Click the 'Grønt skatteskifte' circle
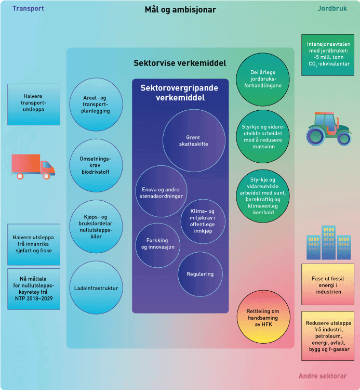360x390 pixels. click(x=194, y=140)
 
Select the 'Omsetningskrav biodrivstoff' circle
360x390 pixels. click(x=97, y=165)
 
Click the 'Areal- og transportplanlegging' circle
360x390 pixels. click(x=96, y=105)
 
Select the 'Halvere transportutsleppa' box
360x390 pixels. click(x=34, y=104)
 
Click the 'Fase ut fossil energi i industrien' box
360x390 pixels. click(x=327, y=285)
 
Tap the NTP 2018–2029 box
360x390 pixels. click(x=34, y=289)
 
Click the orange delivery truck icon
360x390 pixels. click(x=33, y=166)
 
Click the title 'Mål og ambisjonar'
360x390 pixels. click(x=180, y=10)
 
